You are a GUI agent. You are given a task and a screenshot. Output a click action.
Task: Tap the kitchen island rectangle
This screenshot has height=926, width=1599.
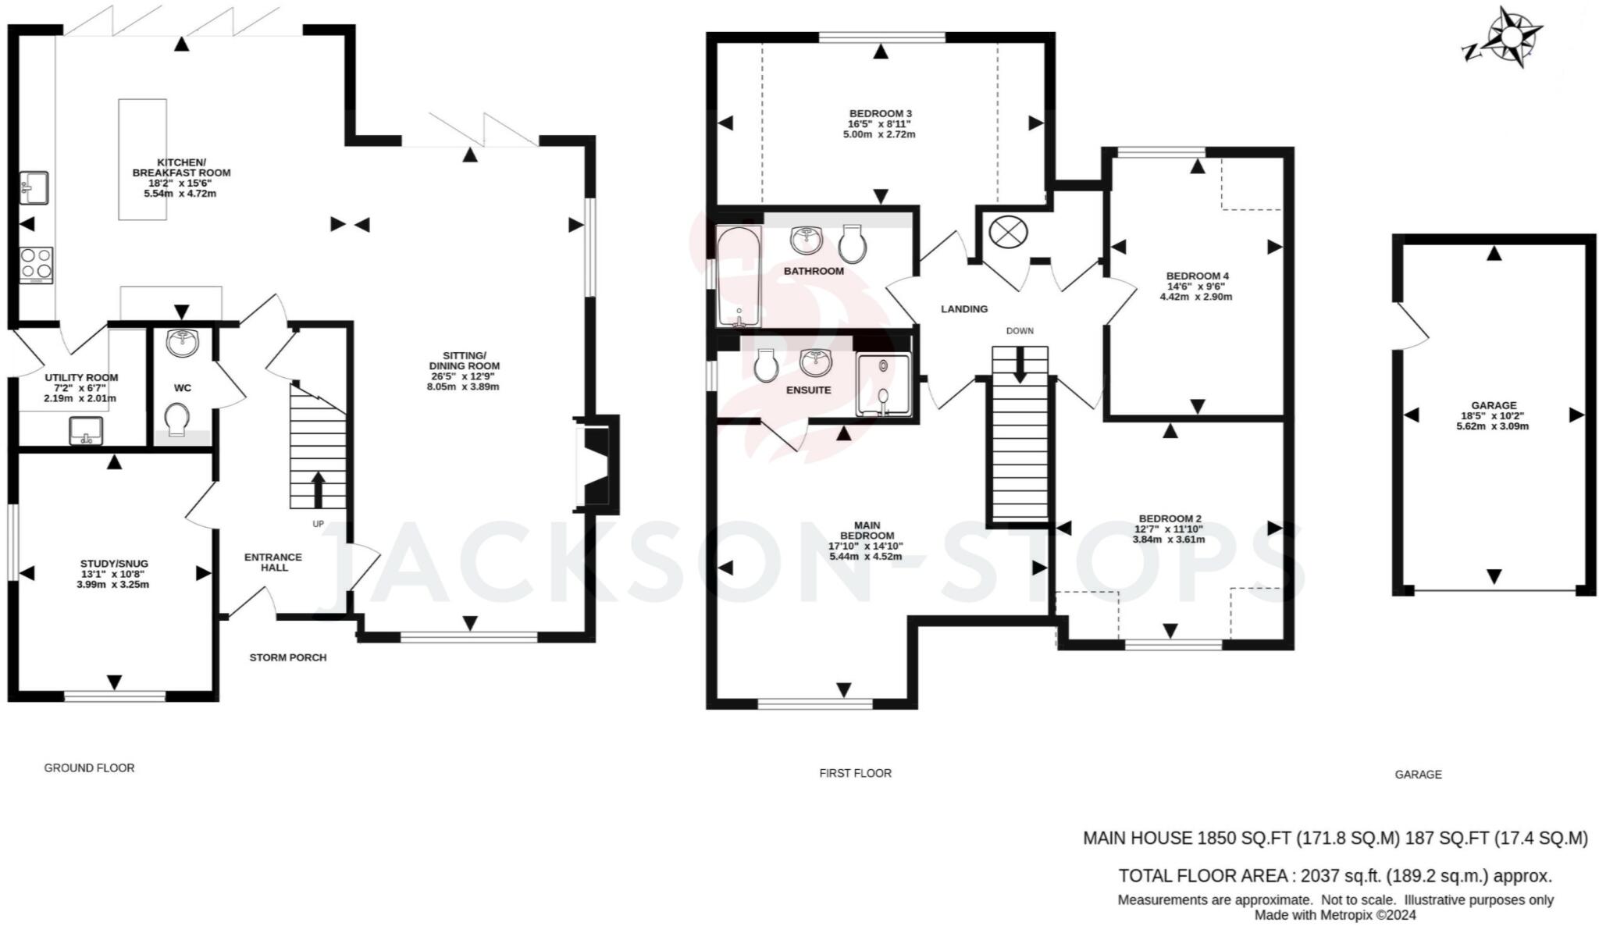tap(142, 158)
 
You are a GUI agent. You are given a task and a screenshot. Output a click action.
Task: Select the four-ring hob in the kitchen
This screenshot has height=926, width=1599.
tap(36, 264)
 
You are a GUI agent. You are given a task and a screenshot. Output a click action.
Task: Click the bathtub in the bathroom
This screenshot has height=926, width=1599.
tap(738, 276)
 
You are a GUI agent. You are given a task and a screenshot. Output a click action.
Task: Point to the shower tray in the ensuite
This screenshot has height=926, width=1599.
tap(883, 385)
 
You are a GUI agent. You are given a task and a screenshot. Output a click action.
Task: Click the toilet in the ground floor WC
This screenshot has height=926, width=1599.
tap(179, 419)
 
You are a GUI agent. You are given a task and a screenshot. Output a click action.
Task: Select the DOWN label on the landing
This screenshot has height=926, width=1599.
tap(1019, 331)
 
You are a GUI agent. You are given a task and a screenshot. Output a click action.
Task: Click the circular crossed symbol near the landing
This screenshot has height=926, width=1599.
tap(1008, 233)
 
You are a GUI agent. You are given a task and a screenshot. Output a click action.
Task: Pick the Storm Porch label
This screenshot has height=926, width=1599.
tap(287, 657)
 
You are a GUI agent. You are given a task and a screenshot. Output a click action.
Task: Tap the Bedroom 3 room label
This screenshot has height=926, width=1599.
tap(881, 113)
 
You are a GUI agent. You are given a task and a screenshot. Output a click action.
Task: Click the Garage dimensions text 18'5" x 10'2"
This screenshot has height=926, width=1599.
tap(1493, 416)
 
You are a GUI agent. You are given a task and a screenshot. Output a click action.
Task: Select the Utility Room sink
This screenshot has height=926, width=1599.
tap(86, 431)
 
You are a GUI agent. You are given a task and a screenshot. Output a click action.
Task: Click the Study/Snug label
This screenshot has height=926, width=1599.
tap(114, 564)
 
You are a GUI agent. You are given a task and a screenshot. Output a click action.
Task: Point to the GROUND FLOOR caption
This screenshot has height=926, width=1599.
tap(89, 768)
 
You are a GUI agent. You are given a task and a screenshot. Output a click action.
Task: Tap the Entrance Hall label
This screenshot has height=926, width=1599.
tap(273, 562)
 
